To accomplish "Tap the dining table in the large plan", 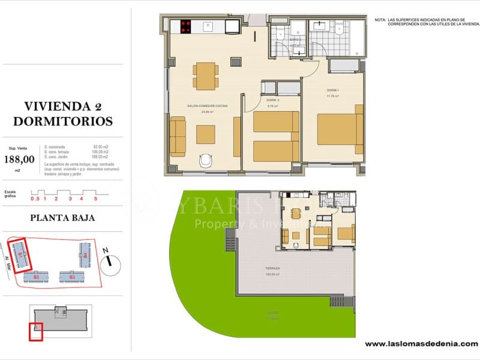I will pyautogui.click(x=206, y=76).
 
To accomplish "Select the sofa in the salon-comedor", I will pyautogui.click(x=178, y=137).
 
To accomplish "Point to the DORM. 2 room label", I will pyautogui.click(x=274, y=100).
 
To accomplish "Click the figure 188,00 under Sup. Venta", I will pyautogui.click(x=19, y=159).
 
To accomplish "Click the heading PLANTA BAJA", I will pyautogui.click(x=62, y=218).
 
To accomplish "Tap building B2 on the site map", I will pyautogui.click(x=36, y=277).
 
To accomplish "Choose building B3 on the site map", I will pyautogui.click(x=71, y=277).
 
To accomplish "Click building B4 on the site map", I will pyautogui.click(x=86, y=255).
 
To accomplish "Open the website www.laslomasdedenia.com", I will pyautogui.click(x=421, y=344).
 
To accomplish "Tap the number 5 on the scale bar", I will pyautogui.click(x=95, y=198).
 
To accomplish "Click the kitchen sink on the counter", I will pyautogui.click(x=209, y=26).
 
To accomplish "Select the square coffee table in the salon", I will pyautogui.click(x=205, y=134).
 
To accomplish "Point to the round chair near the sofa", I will pyautogui.click(x=205, y=161).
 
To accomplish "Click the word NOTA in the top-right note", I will pyautogui.click(x=380, y=20).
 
